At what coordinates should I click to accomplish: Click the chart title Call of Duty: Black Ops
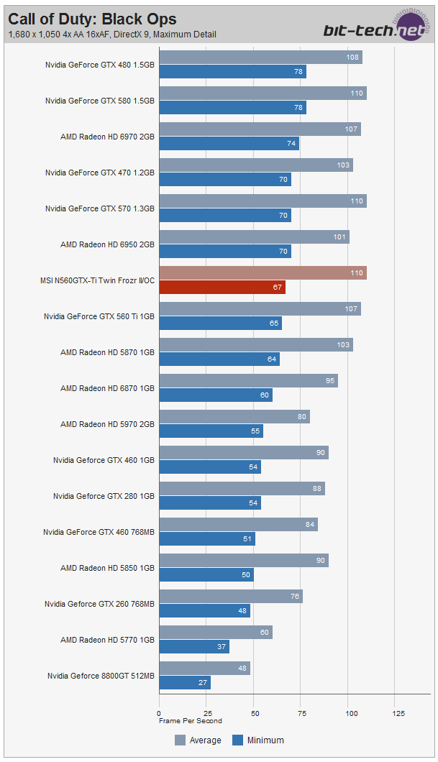pyautogui.click(x=92, y=19)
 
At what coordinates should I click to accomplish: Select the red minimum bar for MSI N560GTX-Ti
pyautogui.click(x=222, y=288)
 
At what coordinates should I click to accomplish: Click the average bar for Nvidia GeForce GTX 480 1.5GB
pyautogui.click(x=260, y=58)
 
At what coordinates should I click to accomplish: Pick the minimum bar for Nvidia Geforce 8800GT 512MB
pyautogui.click(x=185, y=683)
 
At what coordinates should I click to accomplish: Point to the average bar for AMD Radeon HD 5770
pyautogui.click(x=216, y=633)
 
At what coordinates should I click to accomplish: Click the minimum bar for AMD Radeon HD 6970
pyautogui.click(x=229, y=144)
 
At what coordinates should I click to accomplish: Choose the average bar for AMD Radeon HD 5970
pyautogui.click(x=234, y=417)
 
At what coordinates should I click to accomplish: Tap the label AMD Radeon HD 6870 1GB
pyautogui.click(x=107, y=388)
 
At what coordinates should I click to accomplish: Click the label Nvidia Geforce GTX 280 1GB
pyautogui.click(x=104, y=496)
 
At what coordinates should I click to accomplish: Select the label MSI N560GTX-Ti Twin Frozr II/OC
pyautogui.click(x=98, y=280)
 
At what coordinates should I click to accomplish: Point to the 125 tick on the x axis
pyautogui.click(x=398, y=713)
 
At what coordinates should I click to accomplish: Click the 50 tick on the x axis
pyautogui.click(x=255, y=713)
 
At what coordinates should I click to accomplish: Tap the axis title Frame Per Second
pyautogui.click(x=191, y=721)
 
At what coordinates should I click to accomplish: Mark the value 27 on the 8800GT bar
pyautogui.click(x=204, y=683)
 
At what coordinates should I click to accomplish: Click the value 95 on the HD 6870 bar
pyautogui.click(x=330, y=381)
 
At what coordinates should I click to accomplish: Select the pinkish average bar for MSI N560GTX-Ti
pyautogui.click(x=263, y=273)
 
